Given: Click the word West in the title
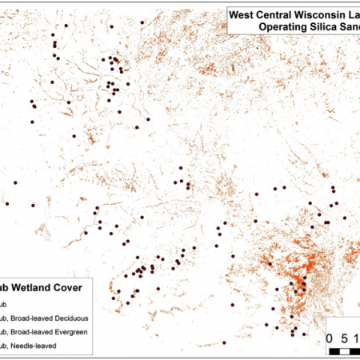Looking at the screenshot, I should (x=245, y=14).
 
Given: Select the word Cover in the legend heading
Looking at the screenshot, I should (x=79, y=287).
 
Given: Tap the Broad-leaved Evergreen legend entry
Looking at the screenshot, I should (x=49, y=331).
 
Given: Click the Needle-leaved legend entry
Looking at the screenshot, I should (x=36, y=346).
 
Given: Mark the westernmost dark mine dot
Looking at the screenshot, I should (x=7, y=204).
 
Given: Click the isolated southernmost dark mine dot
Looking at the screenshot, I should (x=224, y=343).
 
